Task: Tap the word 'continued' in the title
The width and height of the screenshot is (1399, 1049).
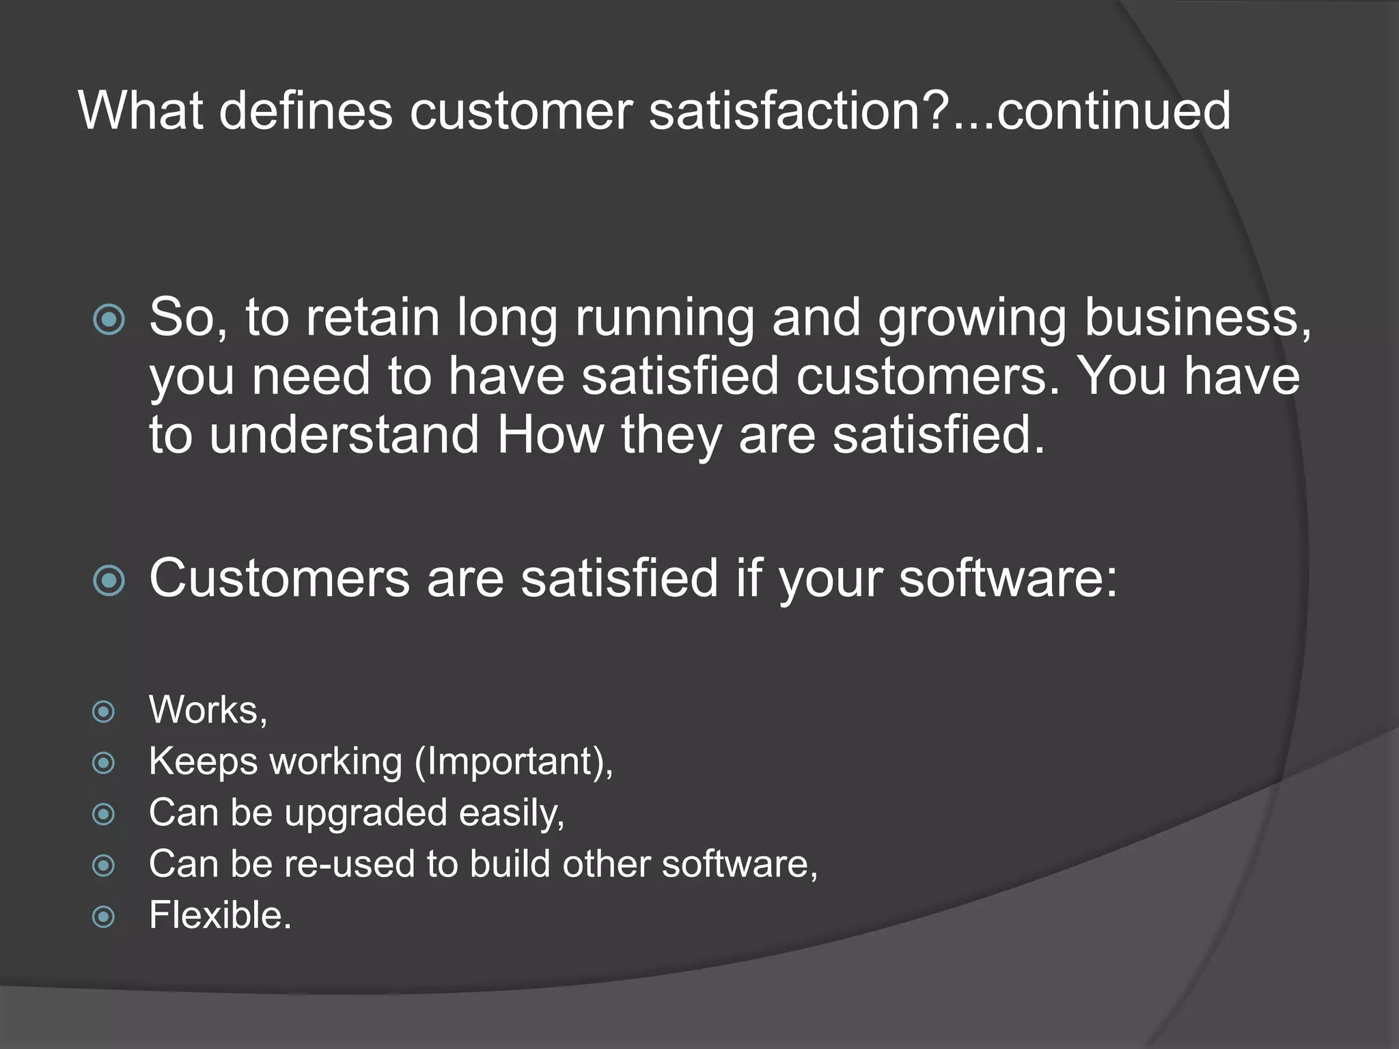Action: [1113, 111]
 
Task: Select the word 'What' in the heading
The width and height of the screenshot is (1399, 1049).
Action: [141, 111]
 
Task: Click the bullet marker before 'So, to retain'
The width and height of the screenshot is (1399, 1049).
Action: [109, 319]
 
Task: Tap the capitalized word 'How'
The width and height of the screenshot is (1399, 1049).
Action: [551, 435]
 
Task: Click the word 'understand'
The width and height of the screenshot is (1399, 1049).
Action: [344, 435]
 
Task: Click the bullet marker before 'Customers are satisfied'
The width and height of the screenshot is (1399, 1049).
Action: [109, 581]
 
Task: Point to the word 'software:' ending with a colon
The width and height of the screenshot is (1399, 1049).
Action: [1008, 579]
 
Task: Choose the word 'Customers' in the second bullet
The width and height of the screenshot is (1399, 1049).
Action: [279, 579]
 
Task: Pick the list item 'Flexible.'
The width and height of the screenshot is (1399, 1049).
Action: [220, 915]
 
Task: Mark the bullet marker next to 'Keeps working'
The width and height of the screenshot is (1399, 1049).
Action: [103, 763]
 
